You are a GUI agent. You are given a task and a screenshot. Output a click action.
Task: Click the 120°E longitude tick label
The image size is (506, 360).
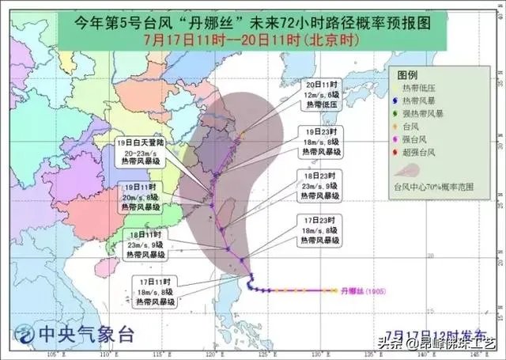[x=214, y=355]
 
